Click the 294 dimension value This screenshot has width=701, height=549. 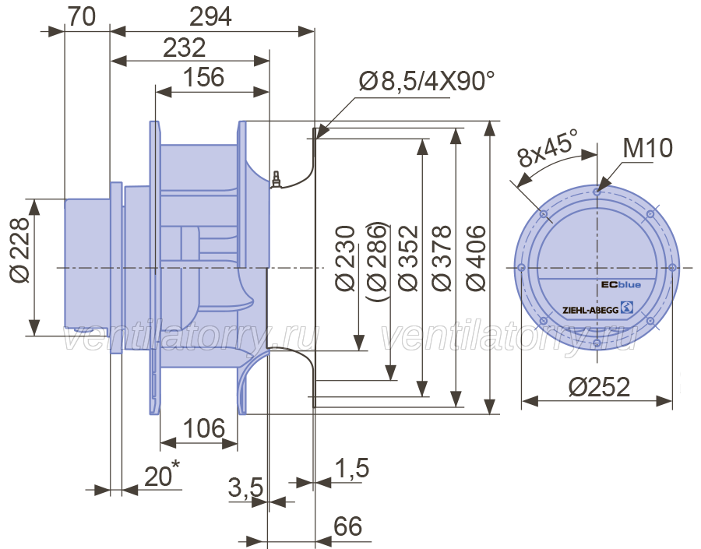click(210, 17)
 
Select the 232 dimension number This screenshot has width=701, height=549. click(184, 48)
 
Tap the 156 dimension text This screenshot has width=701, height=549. click(204, 77)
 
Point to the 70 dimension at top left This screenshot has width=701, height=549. click(82, 17)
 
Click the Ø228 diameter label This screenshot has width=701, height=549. click(20, 250)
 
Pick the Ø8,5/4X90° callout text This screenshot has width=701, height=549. click(427, 81)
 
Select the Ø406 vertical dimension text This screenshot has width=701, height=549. click(476, 259)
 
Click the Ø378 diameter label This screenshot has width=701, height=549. click(442, 259)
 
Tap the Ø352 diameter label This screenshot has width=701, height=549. click(407, 259)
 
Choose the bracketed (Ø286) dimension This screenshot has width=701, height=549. click(376, 261)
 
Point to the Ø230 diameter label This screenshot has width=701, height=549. click(344, 259)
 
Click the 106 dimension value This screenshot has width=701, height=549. click(203, 428)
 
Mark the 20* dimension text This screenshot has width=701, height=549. click(162, 474)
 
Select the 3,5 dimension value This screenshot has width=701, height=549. click(245, 487)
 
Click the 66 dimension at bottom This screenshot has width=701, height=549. click(348, 526)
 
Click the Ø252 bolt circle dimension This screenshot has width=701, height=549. click(599, 387)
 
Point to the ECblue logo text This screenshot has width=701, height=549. click(621, 284)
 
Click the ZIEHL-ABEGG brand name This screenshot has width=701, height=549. click(590, 309)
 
